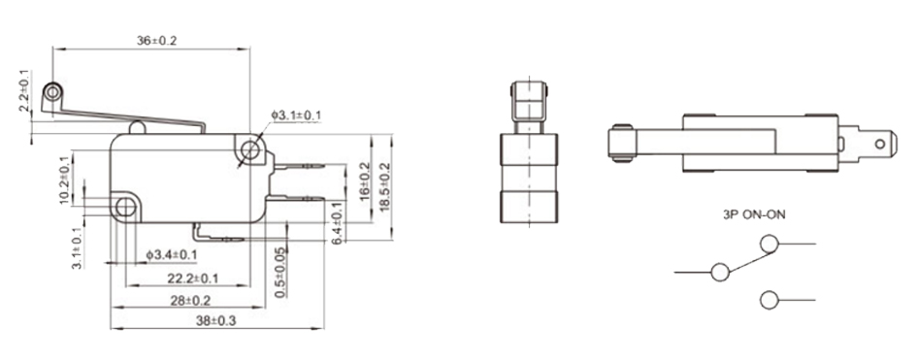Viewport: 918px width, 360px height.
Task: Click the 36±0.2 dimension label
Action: pyautogui.click(x=156, y=41)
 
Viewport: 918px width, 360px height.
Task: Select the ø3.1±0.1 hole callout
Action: pyautogui.click(x=296, y=115)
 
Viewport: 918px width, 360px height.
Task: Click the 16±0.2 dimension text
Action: pyautogui.click(x=364, y=181)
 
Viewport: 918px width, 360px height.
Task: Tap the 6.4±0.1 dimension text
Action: pyautogui.click(x=338, y=223)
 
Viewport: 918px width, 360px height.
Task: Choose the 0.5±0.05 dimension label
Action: pyautogui.click(x=280, y=273)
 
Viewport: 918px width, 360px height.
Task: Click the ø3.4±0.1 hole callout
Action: pyautogui.click(x=172, y=254)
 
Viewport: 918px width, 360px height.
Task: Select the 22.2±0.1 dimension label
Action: pyautogui.click(x=192, y=278)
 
